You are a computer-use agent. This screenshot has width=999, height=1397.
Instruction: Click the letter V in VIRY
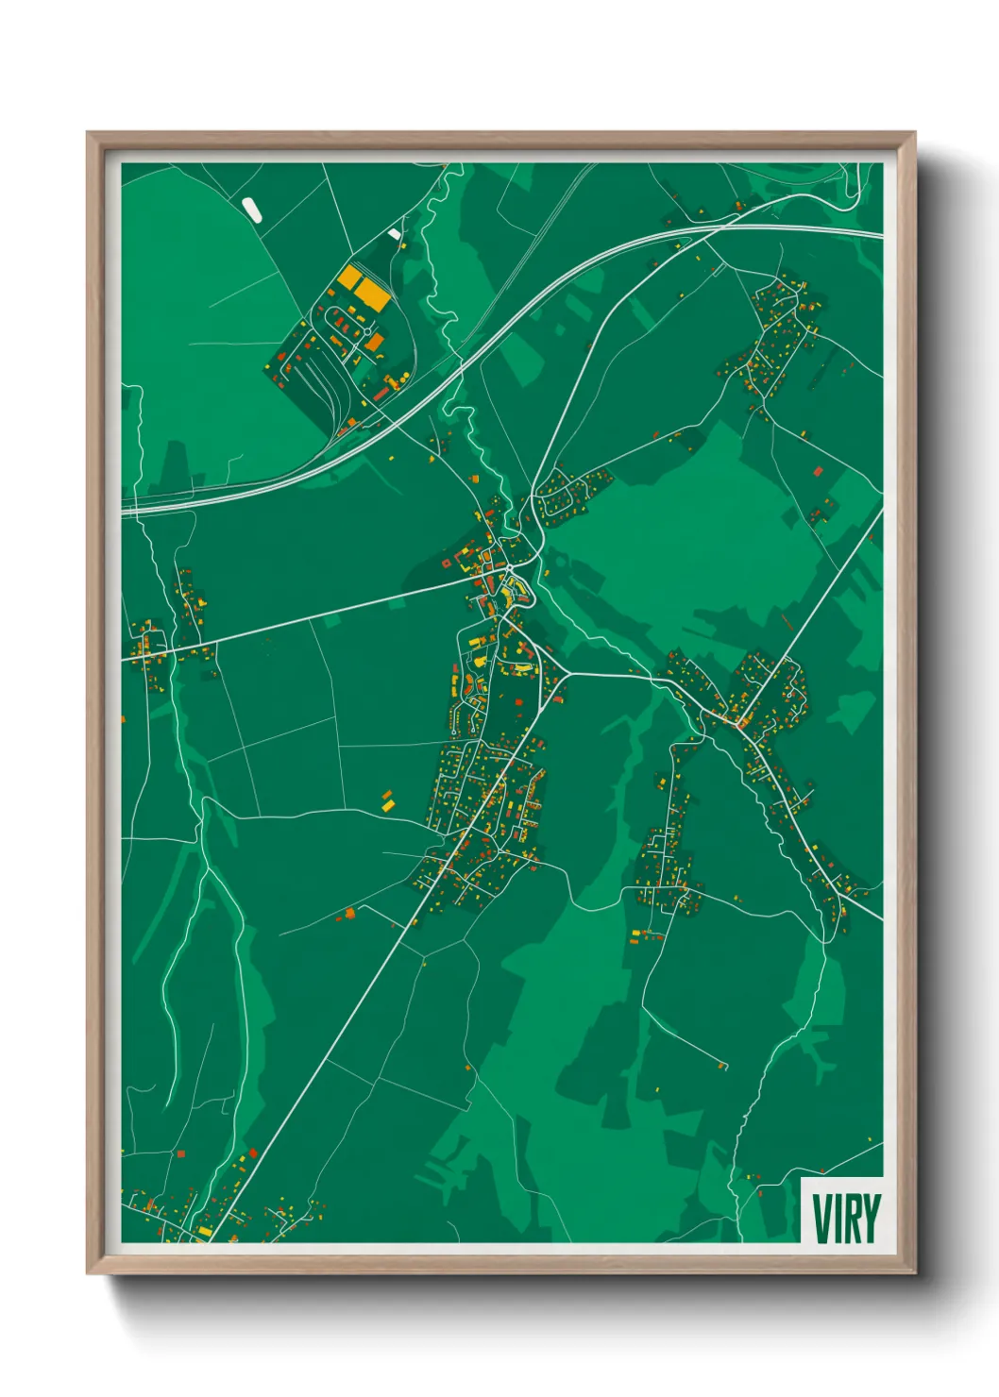(x=821, y=1219)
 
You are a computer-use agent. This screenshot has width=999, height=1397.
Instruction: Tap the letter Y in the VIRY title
(x=871, y=1219)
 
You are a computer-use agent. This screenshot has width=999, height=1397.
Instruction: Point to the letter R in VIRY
(x=852, y=1219)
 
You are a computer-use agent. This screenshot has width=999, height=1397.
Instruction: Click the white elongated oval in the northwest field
(x=251, y=209)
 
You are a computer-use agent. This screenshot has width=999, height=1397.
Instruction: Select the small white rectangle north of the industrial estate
(x=394, y=233)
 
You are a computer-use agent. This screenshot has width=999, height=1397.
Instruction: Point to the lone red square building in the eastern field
(x=818, y=470)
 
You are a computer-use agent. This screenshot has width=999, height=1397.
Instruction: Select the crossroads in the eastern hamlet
(x=738, y=721)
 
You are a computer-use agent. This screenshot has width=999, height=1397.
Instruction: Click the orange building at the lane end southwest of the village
(x=349, y=913)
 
